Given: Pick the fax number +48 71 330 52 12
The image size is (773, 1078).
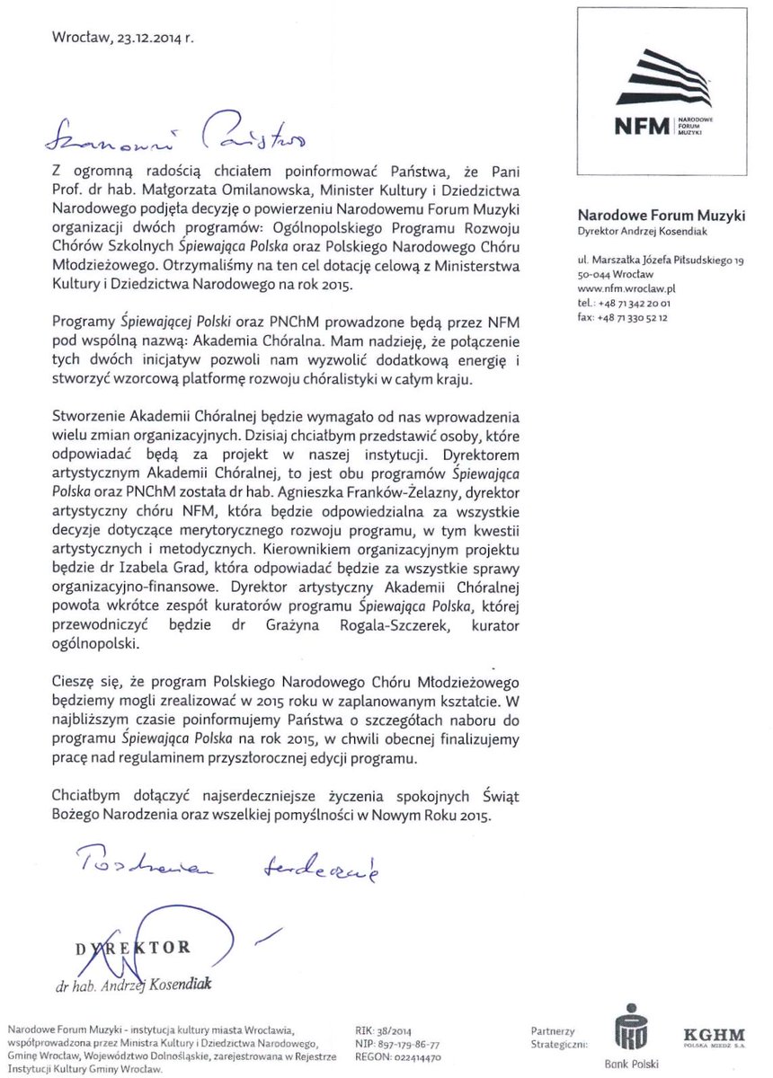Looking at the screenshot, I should click(x=635, y=317).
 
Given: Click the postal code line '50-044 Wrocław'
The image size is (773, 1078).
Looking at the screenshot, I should click(x=617, y=274).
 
